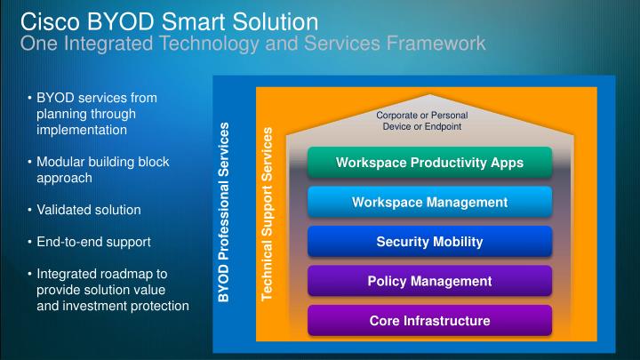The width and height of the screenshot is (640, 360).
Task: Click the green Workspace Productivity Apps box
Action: [x=429, y=163]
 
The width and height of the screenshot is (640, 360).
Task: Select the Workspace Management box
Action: [x=429, y=203]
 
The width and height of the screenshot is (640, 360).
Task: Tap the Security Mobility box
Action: [x=429, y=242]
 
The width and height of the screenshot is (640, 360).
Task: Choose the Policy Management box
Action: [x=429, y=281]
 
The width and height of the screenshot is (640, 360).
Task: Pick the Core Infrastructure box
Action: [x=429, y=320]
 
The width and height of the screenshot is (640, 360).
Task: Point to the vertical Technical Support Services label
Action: [x=267, y=218]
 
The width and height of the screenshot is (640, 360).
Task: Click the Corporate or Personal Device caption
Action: [x=421, y=121]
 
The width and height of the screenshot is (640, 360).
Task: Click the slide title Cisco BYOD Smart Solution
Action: [x=168, y=20]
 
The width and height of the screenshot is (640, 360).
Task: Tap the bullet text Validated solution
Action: [x=88, y=210]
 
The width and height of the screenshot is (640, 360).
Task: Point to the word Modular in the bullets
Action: [x=64, y=162]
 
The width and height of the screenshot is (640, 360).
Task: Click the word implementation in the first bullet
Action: [x=82, y=130]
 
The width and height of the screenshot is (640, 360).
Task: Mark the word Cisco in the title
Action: [x=45, y=20]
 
